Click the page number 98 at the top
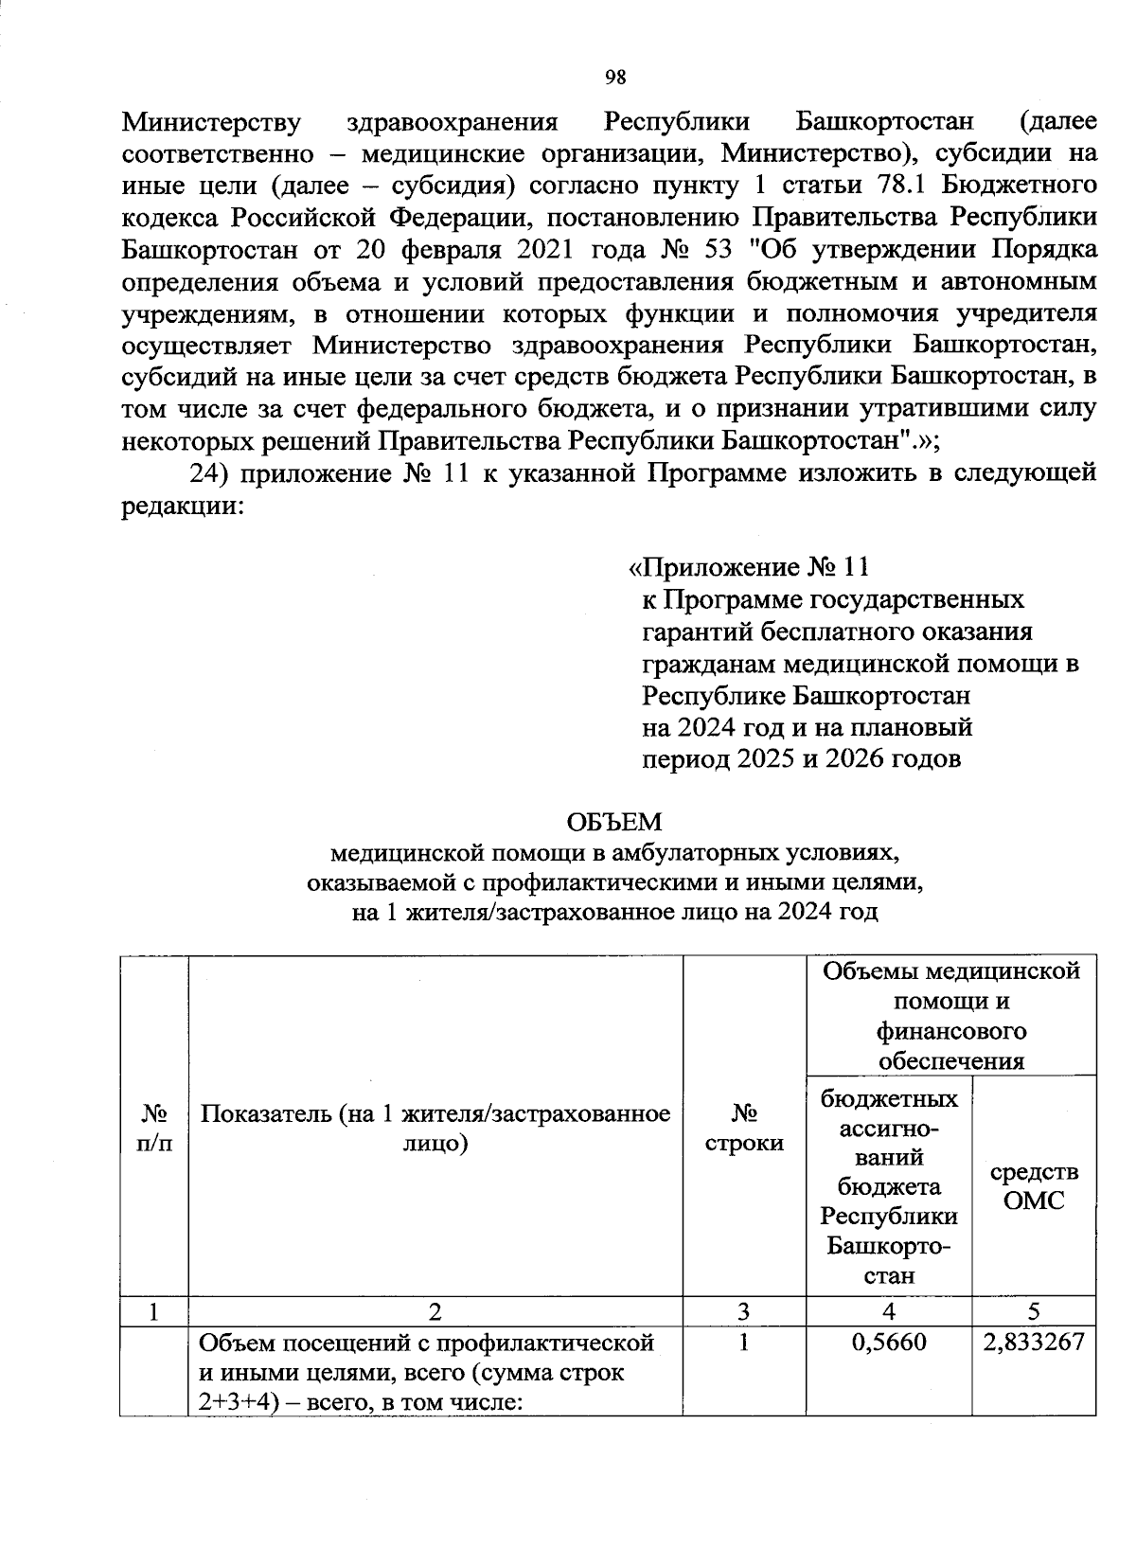click(615, 78)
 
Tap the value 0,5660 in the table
click(888, 1343)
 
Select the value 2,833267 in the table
click(1034, 1343)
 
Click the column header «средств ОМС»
click(1034, 1186)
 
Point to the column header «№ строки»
click(744, 1128)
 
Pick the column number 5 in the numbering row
click(1034, 1310)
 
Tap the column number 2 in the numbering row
click(435, 1310)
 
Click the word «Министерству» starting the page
click(213, 122)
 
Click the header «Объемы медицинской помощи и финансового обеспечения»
click(950, 1015)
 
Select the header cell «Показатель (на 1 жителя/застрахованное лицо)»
click(435, 1128)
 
